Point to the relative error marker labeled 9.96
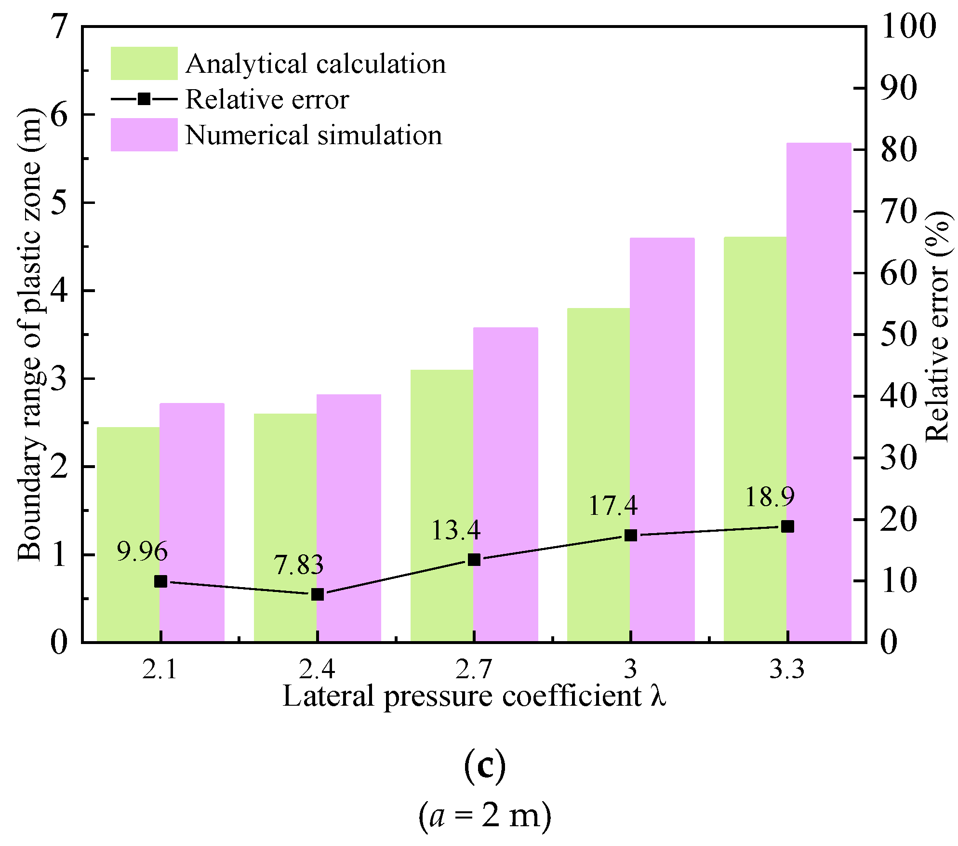point(160,581)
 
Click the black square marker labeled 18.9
point(787,526)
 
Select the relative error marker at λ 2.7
point(474,560)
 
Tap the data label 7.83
point(299,565)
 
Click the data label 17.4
point(613,506)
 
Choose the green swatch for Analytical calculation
point(144,63)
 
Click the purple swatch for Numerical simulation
point(144,134)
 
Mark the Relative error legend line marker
point(144,99)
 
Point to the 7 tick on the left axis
point(59,27)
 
